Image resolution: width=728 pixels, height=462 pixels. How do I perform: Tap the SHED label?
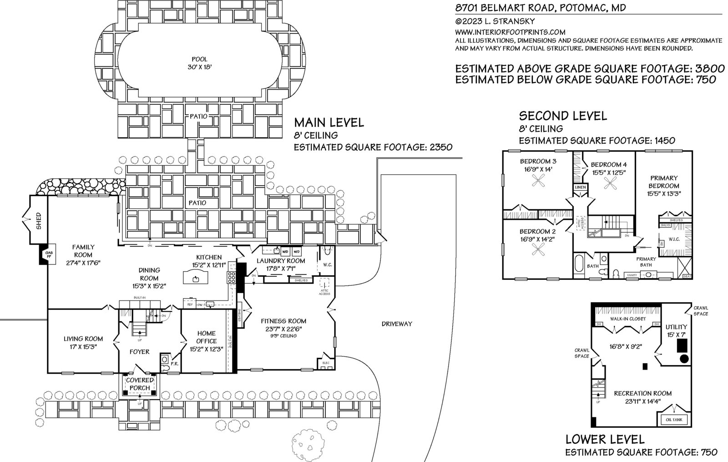tap(39, 220)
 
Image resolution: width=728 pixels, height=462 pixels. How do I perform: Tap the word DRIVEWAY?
tap(397, 324)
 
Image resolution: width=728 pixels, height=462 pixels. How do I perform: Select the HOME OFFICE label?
tap(206, 337)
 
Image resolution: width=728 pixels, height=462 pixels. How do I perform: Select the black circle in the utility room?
tap(683, 359)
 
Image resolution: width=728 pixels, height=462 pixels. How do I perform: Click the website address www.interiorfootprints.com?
tap(510, 32)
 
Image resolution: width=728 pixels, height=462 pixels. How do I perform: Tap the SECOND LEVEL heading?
tap(563, 116)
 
